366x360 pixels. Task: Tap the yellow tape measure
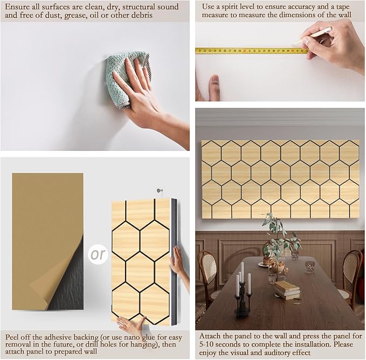pos(248,51)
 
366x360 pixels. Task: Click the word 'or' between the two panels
pos(99,253)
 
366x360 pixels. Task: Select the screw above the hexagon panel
pos(159,190)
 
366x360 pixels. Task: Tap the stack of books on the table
pos(287,289)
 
